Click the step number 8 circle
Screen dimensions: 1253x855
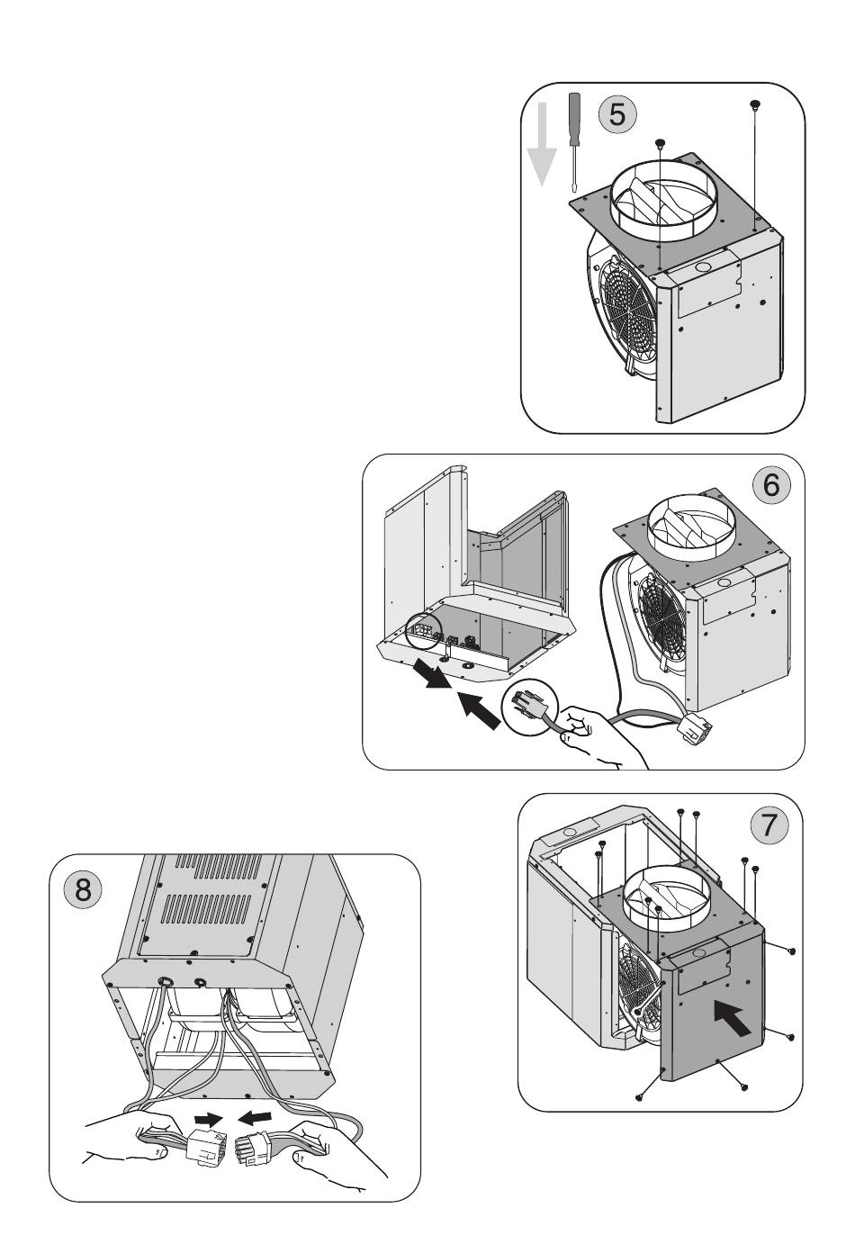tap(83, 889)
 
